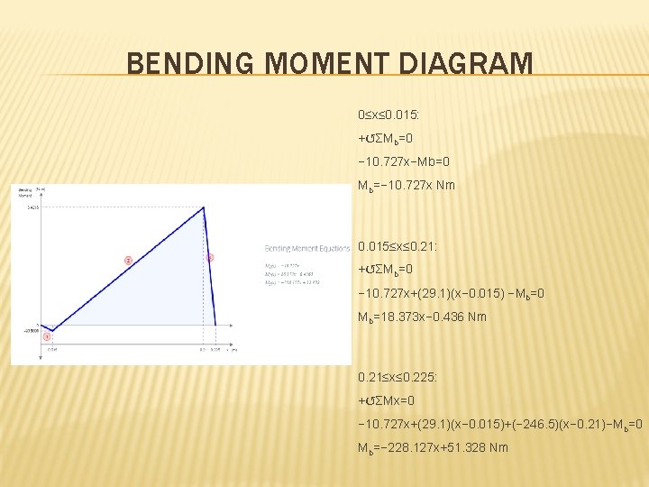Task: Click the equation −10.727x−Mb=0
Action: pyautogui.click(x=403, y=162)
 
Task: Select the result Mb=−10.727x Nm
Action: pyautogui.click(x=407, y=186)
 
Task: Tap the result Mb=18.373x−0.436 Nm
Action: pyautogui.click(x=422, y=317)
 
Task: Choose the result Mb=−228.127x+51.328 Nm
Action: pyautogui.click(x=433, y=447)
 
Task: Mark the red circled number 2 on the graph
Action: pyautogui.click(x=128, y=260)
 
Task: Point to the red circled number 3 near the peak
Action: pyautogui.click(x=210, y=258)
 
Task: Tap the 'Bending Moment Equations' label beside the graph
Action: pyautogui.click(x=306, y=248)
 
